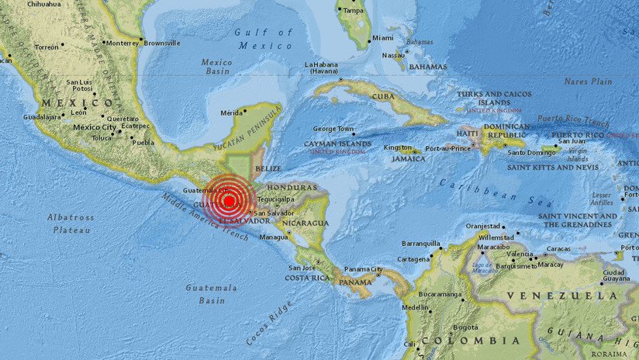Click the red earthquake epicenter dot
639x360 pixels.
pyautogui.click(x=230, y=202)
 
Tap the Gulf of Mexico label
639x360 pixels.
pyautogui.click(x=264, y=39)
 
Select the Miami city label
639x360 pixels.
pyautogui.click(x=382, y=37)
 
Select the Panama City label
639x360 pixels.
pyautogui.click(x=364, y=269)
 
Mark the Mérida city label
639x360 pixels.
pyautogui.click(x=232, y=112)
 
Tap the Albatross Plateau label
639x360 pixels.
pyautogui.click(x=71, y=222)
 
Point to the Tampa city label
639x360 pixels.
pyautogui.click(x=353, y=10)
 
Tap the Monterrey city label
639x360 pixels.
pyautogui.click(x=122, y=43)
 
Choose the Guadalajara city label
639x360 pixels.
pyautogui.click(x=43, y=116)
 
